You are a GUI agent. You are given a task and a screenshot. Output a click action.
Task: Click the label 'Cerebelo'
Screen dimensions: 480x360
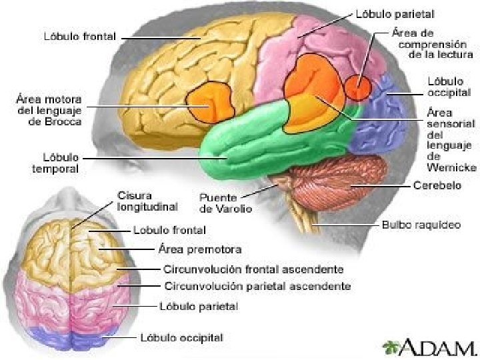(x=437, y=185)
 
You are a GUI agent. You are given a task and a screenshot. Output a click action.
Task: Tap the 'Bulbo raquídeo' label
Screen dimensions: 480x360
(x=421, y=225)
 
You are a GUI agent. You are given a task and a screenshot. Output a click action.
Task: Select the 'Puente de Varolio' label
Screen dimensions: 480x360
(x=226, y=203)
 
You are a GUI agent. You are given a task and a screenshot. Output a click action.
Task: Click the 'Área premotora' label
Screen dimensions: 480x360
(x=199, y=249)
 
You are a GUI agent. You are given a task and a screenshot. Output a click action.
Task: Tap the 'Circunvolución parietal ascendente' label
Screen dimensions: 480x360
(x=257, y=286)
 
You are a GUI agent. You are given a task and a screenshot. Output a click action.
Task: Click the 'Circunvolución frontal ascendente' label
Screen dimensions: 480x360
(x=253, y=269)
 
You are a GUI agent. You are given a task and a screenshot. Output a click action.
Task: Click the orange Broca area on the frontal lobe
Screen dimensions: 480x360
(x=211, y=103)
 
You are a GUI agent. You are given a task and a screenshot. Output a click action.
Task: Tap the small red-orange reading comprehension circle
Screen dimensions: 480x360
(x=358, y=87)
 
